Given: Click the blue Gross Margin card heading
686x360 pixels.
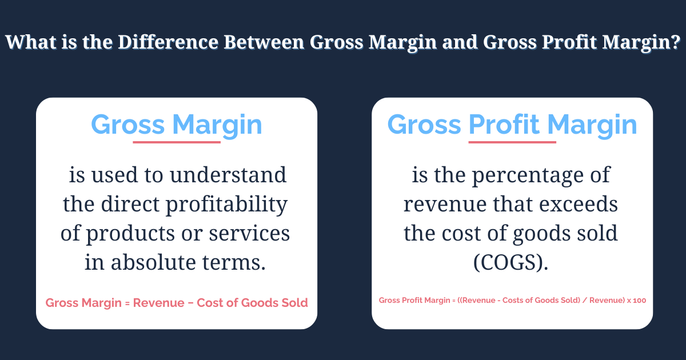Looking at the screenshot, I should pos(177,125).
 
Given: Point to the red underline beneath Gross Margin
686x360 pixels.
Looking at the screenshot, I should pos(177,142).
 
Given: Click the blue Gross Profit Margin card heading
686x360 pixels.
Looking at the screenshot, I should pos(512,125).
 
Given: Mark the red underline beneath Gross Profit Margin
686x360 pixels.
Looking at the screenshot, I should pos(512,142).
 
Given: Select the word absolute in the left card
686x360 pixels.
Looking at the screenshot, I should pos(161,263).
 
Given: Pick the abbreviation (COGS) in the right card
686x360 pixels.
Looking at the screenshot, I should pos(512,263).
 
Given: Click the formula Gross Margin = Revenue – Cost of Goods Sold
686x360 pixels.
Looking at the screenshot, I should pos(177,303).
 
